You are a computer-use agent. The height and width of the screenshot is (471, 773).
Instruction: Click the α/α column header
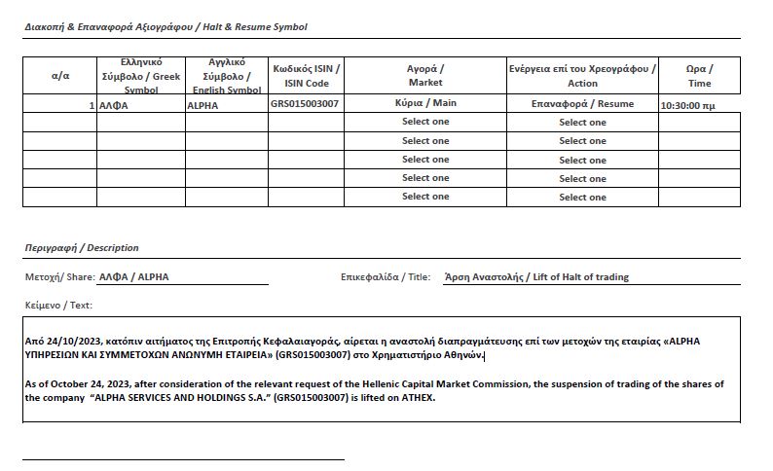pos(59,75)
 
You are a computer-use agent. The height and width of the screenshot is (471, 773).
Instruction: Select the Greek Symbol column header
pos(140,75)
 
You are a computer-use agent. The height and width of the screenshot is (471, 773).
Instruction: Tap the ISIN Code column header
pos(307,76)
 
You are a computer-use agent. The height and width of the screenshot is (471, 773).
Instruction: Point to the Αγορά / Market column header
pos(425,75)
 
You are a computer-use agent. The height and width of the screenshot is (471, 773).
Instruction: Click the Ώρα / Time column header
pos(699,75)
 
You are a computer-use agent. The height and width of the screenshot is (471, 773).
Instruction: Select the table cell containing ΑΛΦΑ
pos(114,104)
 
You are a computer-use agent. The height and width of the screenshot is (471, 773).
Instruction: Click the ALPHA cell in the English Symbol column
pos(202,104)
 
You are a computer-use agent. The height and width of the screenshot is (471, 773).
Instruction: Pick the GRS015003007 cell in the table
pos(305,103)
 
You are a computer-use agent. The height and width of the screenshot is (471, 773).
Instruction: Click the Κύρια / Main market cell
pos(425,103)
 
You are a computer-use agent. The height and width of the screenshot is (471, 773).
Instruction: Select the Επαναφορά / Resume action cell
pos(582,103)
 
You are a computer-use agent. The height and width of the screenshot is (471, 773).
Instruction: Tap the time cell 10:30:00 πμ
pos(687,104)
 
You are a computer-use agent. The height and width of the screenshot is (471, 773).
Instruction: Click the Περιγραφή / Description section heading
pos(82,248)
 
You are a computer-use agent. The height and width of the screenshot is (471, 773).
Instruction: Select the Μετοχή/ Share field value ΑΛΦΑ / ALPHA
pos(133,276)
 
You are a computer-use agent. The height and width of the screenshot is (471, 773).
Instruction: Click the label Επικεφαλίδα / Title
pos(386,276)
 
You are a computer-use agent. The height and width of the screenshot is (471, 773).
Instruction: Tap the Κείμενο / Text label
pos(58,305)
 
